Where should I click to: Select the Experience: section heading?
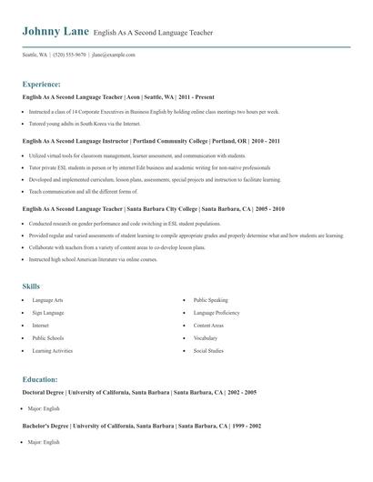click(42, 84)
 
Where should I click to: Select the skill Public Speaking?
click(211, 299)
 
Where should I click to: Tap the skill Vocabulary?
click(207, 337)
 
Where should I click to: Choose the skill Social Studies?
click(208, 350)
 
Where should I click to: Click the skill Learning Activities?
click(54, 350)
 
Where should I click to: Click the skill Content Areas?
click(208, 325)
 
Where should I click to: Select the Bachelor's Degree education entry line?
click(142, 425)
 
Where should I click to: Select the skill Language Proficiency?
click(217, 312)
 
